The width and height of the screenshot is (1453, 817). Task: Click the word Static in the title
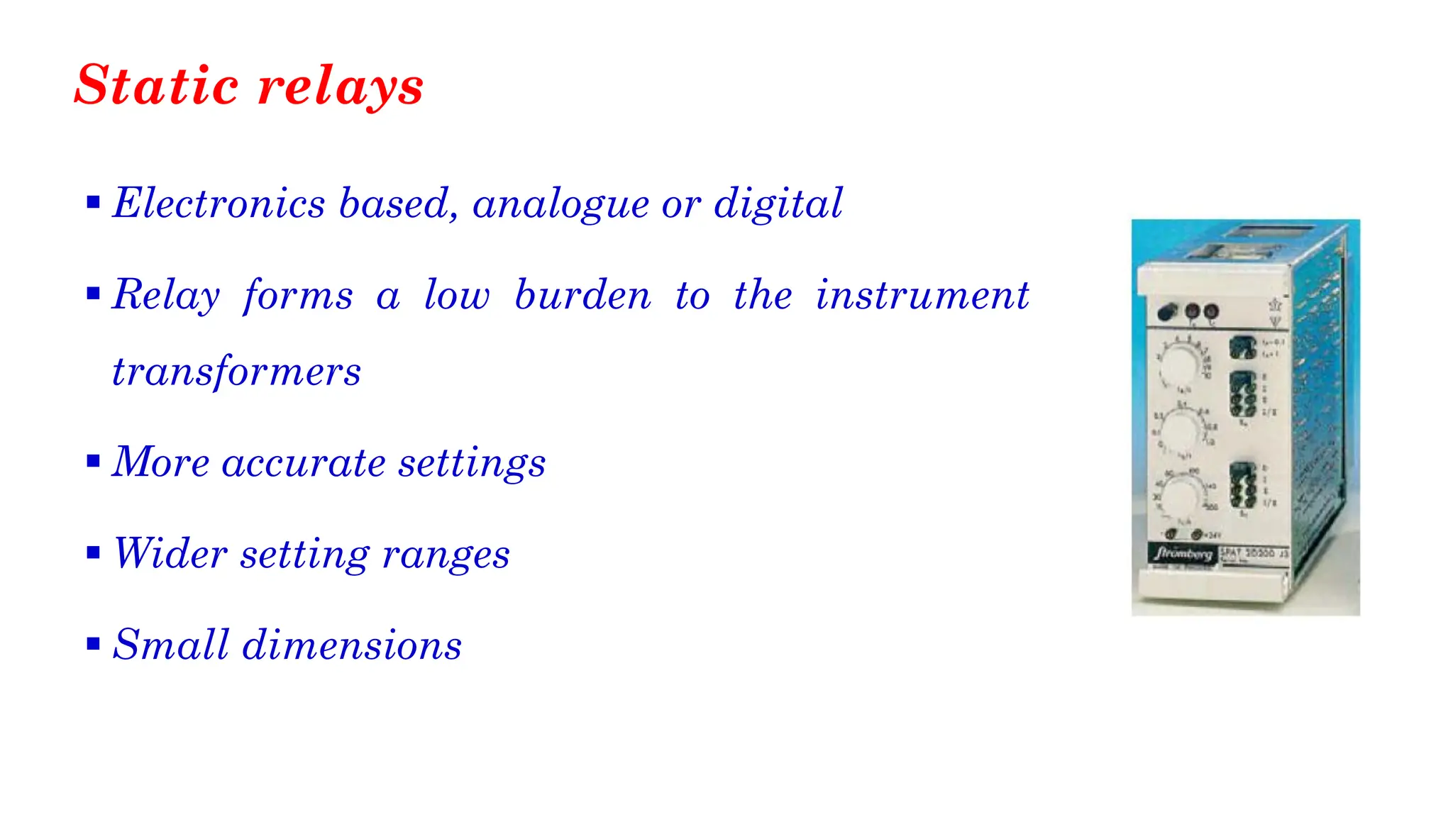coord(156,85)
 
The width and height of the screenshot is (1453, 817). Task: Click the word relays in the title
coord(341,87)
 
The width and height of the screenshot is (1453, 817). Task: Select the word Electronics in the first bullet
coord(219,204)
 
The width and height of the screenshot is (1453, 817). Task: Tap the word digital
coord(778,204)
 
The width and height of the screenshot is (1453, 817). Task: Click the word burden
coord(582,295)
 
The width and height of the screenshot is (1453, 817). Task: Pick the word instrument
coord(922,295)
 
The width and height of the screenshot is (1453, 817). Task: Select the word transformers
coord(236,372)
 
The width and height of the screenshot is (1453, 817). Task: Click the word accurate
coord(304,462)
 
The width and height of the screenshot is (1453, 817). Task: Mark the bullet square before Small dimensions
coord(93,644)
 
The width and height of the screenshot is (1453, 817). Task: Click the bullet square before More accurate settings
coord(93,462)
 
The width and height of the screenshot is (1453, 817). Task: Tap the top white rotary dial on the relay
coord(1180,364)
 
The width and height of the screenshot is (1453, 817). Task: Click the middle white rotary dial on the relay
coord(1180,430)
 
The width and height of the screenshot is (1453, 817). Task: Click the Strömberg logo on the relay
coord(1182,553)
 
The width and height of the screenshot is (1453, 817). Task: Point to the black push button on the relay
coord(1166,311)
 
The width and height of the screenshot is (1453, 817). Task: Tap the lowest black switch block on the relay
coord(1242,485)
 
